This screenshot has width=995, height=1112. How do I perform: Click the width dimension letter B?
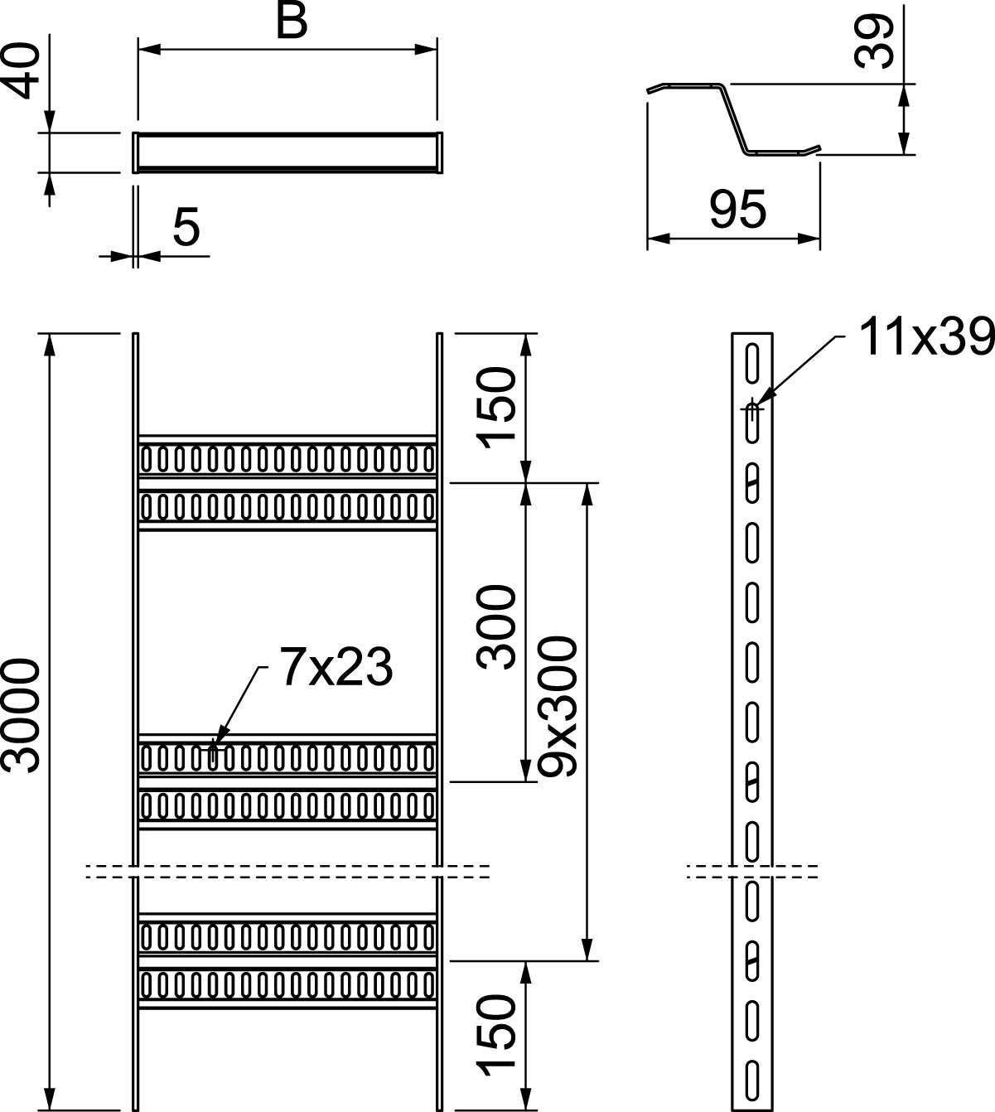(291, 22)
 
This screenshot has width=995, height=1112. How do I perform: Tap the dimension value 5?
(186, 228)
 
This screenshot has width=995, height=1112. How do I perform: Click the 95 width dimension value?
(737, 210)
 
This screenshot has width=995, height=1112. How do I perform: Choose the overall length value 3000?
(21, 715)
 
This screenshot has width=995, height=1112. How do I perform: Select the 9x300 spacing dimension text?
(556, 705)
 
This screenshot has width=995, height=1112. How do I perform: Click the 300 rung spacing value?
(497, 626)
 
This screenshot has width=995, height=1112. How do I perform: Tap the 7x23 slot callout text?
(336, 668)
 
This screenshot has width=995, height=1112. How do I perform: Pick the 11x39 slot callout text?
(925, 337)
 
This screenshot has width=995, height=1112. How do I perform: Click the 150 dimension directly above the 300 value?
(497, 406)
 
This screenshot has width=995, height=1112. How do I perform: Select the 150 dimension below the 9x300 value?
(497, 1035)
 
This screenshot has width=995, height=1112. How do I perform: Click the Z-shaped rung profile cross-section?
(733, 118)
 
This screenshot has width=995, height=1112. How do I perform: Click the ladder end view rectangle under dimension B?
(287, 152)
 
